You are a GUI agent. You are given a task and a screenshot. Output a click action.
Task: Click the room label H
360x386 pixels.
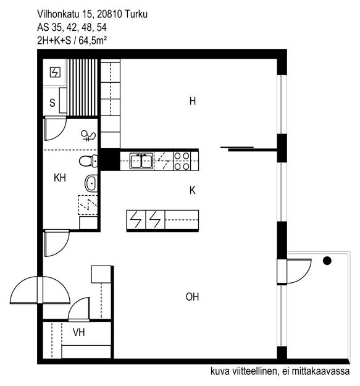click(x=193, y=101)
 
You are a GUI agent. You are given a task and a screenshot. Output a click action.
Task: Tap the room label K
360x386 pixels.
click(x=193, y=191)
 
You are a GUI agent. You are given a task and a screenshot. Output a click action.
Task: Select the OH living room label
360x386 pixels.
click(x=193, y=297)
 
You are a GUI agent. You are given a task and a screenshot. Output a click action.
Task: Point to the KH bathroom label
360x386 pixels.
click(x=60, y=178)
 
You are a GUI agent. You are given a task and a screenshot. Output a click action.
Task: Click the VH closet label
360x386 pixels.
click(x=78, y=333)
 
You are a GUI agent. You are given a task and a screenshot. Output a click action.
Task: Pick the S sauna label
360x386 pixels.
click(x=52, y=103)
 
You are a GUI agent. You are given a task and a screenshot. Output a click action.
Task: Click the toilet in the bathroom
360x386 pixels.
click(x=89, y=162)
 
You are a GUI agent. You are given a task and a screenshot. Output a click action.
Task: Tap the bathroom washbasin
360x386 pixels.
click(x=91, y=183)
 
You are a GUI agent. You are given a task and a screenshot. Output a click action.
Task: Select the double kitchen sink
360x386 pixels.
click(x=141, y=161)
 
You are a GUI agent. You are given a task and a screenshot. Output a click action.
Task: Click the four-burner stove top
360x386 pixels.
click(x=182, y=161)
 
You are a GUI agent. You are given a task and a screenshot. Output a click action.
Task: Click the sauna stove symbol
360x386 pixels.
click(x=56, y=73)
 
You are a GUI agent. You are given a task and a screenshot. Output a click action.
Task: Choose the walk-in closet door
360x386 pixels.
click(x=80, y=309)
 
